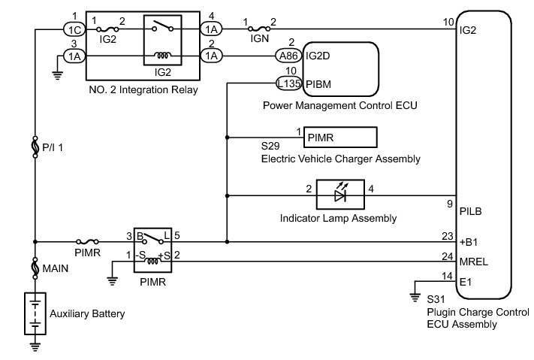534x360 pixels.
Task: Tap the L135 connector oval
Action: (290, 83)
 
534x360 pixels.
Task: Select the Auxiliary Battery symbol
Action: (35, 313)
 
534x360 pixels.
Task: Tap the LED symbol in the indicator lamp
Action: (339, 195)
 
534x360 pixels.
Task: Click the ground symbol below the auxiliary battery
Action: (35, 346)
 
